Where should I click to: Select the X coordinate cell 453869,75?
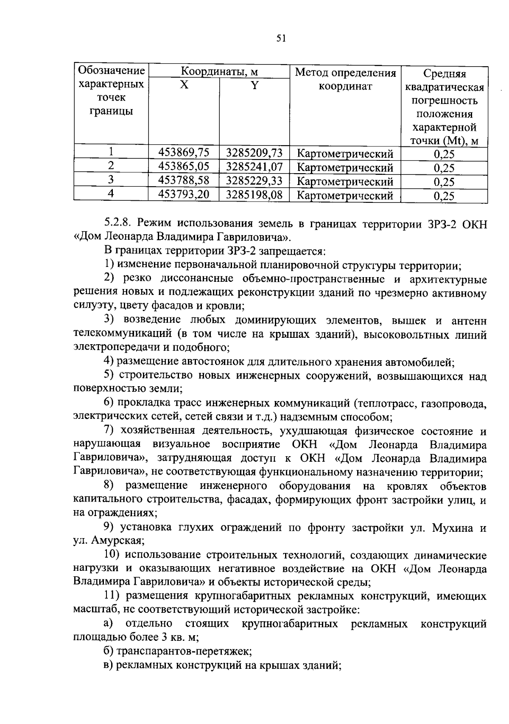[184, 152]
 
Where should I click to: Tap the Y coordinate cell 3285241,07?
[254, 166]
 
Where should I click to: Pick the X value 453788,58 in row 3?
[184, 180]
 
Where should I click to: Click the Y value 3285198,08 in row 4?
[254, 194]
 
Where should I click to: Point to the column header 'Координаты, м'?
[219, 71]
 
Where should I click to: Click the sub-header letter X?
[184, 85]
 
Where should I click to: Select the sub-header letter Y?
[254, 85]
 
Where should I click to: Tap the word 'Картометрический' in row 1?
[345, 154]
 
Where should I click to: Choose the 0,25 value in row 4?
[444, 196]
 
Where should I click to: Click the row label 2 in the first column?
[111, 166]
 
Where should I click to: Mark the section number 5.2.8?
[119, 223]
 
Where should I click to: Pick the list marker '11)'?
[112, 596]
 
